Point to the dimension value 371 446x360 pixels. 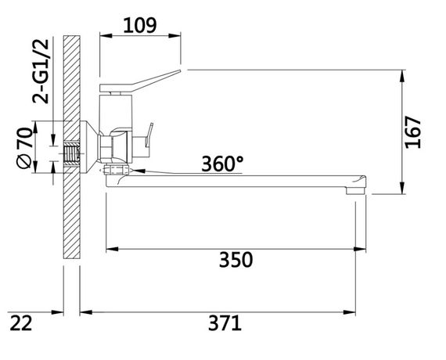(x=225, y=322)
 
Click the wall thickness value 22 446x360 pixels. (x=23, y=322)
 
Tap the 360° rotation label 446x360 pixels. (x=222, y=164)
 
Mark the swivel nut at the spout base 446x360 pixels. (x=116, y=168)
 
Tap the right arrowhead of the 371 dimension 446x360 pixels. (x=363, y=311)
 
